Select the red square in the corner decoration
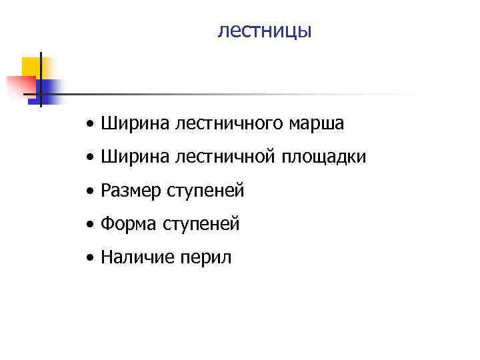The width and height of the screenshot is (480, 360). click(x=20, y=87)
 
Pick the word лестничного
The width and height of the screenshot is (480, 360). click(x=221, y=124)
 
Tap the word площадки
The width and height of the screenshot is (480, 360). click(x=323, y=157)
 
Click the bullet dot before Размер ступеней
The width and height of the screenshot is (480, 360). click(x=90, y=192)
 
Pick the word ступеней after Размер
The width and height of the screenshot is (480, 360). click(x=206, y=191)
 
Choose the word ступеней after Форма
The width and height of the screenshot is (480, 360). click(x=201, y=225)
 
